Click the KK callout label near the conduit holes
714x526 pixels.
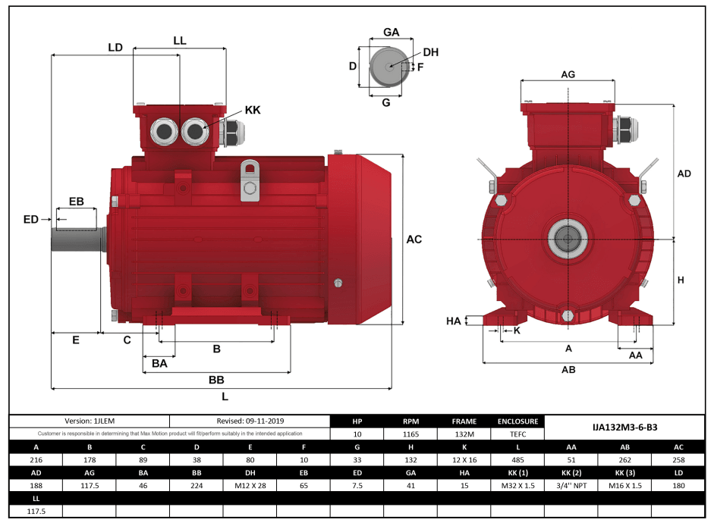tap(253, 110)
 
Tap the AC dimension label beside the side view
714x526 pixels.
tap(414, 240)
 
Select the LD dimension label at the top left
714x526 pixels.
tap(115, 47)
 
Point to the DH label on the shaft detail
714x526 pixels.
tap(430, 52)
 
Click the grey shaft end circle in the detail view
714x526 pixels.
tap(388, 67)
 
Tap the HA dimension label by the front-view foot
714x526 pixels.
tap(454, 321)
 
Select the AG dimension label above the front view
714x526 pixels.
tap(568, 74)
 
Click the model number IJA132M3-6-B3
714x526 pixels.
tap(624, 427)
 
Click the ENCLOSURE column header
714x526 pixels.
tap(517, 421)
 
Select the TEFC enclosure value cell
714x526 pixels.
tap(517, 434)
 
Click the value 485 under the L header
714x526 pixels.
tap(517, 459)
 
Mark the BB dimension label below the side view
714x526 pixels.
tap(216, 380)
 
